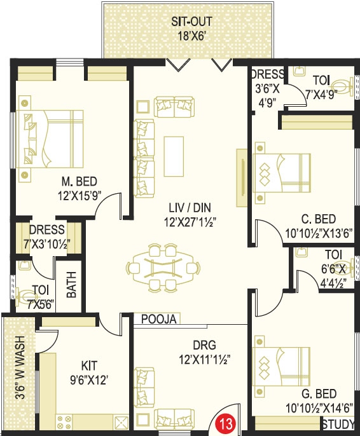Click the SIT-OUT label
(191, 22)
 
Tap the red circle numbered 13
(226, 424)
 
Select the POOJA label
(159, 319)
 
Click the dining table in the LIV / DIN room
(163, 268)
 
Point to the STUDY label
(338, 425)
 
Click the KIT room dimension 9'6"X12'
(89, 379)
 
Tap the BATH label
(71, 285)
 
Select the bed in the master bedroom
(50, 139)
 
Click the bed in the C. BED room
(282, 173)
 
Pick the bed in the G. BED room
(282, 366)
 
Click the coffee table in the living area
(174, 156)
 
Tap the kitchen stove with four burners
(64, 422)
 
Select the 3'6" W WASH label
(20, 367)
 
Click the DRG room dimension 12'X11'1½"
(204, 360)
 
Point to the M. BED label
(80, 182)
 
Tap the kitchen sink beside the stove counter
(121, 422)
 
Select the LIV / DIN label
(190, 208)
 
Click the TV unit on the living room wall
(242, 178)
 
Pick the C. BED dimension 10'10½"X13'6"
(319, 233)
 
